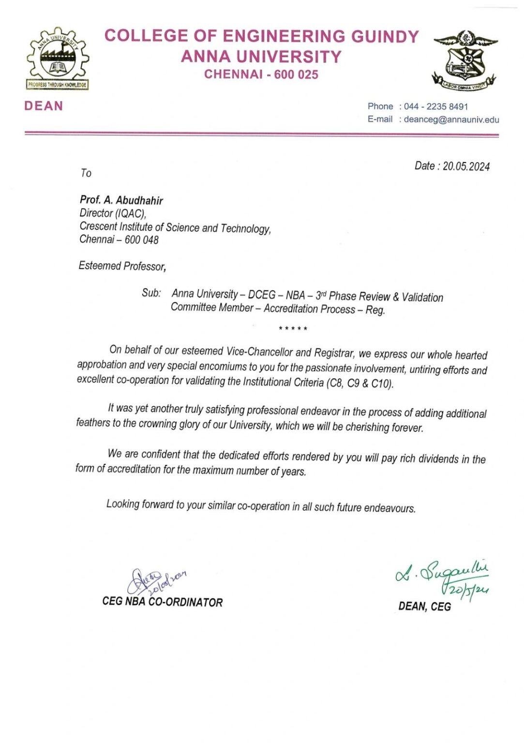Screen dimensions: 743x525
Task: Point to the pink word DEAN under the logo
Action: pos(44,106)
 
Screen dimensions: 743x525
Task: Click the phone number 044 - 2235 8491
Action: pos(436,106)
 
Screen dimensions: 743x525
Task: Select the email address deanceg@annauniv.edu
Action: pos(451,119)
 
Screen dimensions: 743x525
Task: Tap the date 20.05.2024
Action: pos(466,166)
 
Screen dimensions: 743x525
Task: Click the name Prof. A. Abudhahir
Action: pos(121,200)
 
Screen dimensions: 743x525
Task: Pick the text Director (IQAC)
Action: pos(113,213)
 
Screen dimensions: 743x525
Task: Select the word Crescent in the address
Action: pos(98,226)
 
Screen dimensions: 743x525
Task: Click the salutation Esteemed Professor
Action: pos(122,266)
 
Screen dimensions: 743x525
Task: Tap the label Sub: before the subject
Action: pos(151,293)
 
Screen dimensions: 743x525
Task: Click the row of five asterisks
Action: pos(293,329)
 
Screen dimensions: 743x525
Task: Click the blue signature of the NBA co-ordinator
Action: pos(154,581)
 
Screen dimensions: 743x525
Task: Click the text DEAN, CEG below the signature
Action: pos(424,607)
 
